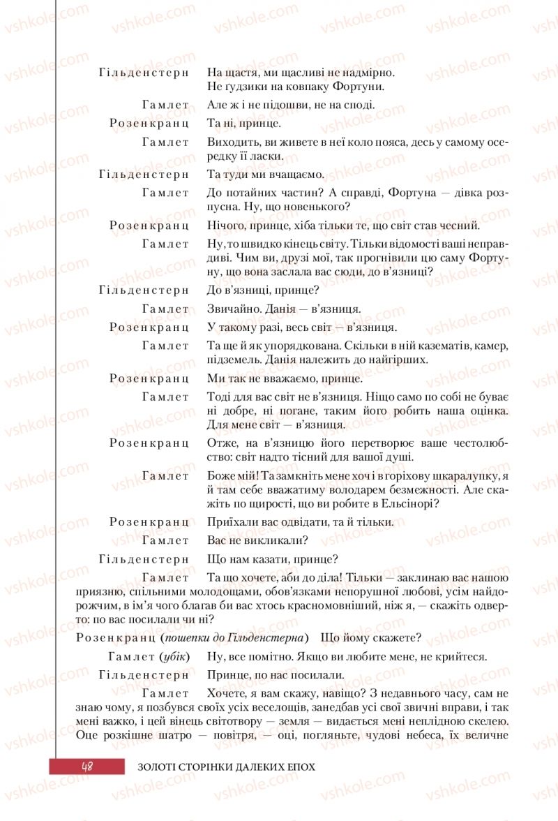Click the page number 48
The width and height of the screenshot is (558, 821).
pos(87,766)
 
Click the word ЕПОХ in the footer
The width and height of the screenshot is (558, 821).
pos(299,767)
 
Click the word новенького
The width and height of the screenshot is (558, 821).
pos(315,207)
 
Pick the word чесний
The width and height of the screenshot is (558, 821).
pos(462,225)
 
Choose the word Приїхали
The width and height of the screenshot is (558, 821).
pos(230,522)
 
